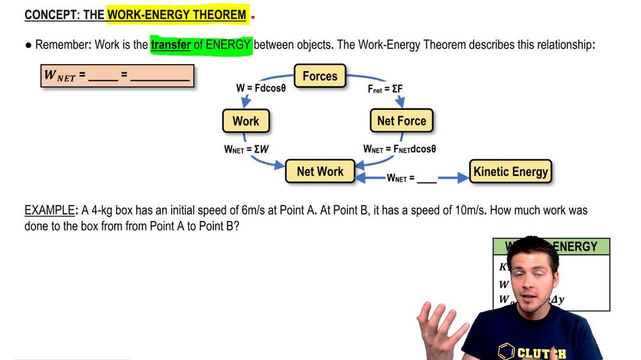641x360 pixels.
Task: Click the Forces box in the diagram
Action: (x=320, y=76)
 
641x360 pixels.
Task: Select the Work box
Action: (x=246, y=121)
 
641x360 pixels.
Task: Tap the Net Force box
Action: (x=401, y=121)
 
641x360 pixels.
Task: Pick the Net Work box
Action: (x=320, y=172)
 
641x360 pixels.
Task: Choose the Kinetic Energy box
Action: (x=510, y=172)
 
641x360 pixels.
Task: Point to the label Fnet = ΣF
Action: (x=385, y=89)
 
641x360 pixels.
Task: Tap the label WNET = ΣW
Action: (x=246, y=149)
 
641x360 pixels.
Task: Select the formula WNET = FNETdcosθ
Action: (x=399, y=149)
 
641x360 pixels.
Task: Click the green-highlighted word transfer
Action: (x=171, y=45)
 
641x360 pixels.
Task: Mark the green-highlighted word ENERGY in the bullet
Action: (x=228, y=45)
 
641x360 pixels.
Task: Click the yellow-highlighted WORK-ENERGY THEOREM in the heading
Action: (x=177, y=15)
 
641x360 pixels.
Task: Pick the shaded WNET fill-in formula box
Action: (x=117, y=76)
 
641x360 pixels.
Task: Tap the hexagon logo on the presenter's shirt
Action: (x=506, y=352)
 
